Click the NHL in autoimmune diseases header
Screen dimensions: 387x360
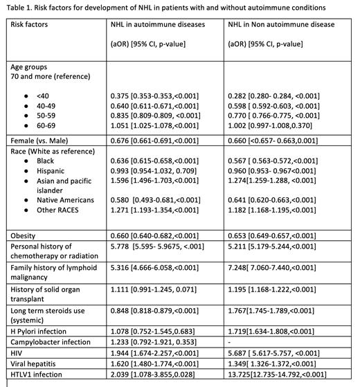(x=158, y=24)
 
